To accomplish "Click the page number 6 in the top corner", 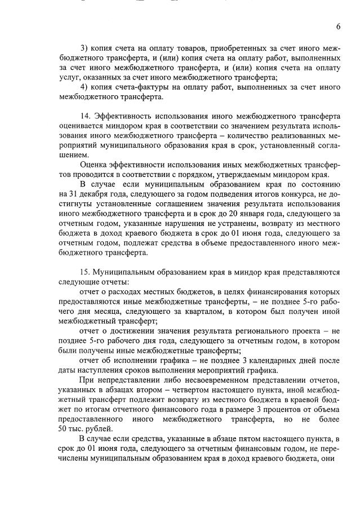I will [x=339, y=26].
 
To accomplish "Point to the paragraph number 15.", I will [x=86, y=272].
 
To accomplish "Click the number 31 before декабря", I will [x=72, y=193].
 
